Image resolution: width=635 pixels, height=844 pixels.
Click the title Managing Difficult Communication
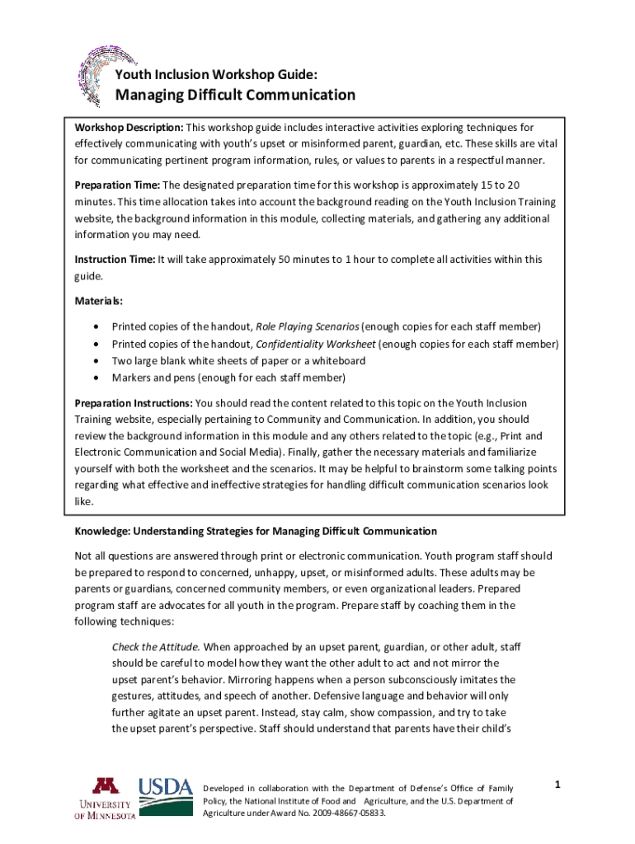click(235, 95)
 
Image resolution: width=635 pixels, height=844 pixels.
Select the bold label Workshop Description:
click(129, 128)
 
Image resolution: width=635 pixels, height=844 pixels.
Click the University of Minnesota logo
click(105, 799)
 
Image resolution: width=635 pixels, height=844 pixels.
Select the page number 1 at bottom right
click(557, 785)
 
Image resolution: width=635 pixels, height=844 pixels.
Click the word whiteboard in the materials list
click(339, 361)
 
